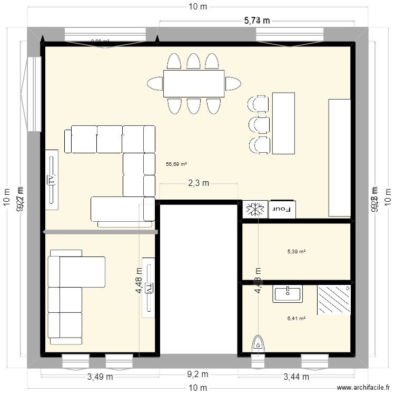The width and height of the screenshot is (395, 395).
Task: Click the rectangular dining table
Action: [194, 83]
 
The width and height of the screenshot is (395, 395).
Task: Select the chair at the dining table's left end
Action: [155, 83]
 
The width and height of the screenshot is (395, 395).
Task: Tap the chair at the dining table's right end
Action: [233, 83]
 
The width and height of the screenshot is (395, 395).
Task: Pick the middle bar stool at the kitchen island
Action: [259, 124]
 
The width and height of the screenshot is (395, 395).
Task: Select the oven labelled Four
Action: [283, 209]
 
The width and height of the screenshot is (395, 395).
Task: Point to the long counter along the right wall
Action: [339, 157]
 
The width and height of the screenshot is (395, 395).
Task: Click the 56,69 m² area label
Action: [176, 164]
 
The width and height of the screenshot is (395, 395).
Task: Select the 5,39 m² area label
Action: [296, 252]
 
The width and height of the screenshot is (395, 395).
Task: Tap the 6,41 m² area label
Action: [296, 318]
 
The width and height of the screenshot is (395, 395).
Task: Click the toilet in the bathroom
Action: [258, 343]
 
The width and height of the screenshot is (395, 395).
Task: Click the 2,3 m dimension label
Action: [199, 183]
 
